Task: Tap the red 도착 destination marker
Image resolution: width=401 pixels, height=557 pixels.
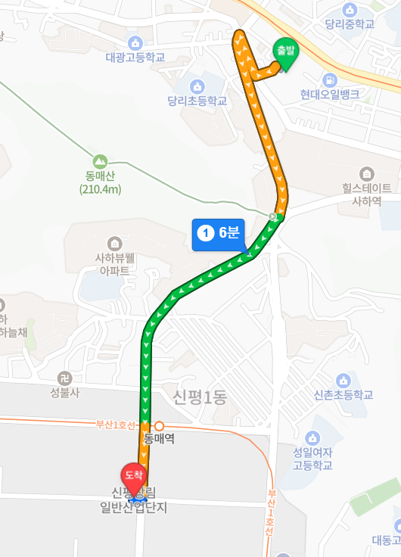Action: point(134,475)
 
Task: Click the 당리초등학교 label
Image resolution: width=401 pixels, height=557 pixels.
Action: point(197,101)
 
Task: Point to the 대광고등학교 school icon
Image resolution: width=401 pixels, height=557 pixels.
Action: point(135,42)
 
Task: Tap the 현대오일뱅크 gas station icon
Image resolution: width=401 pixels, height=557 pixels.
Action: point(329,79)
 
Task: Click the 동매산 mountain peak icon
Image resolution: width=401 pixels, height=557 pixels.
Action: point(99,161)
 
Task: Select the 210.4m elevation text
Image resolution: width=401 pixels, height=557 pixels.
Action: point(100,189)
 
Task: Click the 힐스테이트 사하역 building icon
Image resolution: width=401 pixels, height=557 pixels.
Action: point(367,173)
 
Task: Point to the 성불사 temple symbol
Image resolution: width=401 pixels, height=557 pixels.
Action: point(64,378)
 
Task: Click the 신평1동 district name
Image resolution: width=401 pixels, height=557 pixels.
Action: point(200,396)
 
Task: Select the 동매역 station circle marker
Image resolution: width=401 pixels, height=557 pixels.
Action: point(159,426)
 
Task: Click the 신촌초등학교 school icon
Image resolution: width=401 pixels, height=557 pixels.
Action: point(343,380)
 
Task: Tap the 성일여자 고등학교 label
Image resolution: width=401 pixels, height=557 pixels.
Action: point(312,459)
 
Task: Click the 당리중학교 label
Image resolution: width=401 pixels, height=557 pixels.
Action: point(350,24)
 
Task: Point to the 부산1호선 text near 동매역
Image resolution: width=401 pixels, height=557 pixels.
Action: point(114,425)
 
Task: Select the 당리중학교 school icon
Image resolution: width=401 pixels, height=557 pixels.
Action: point(350,9)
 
